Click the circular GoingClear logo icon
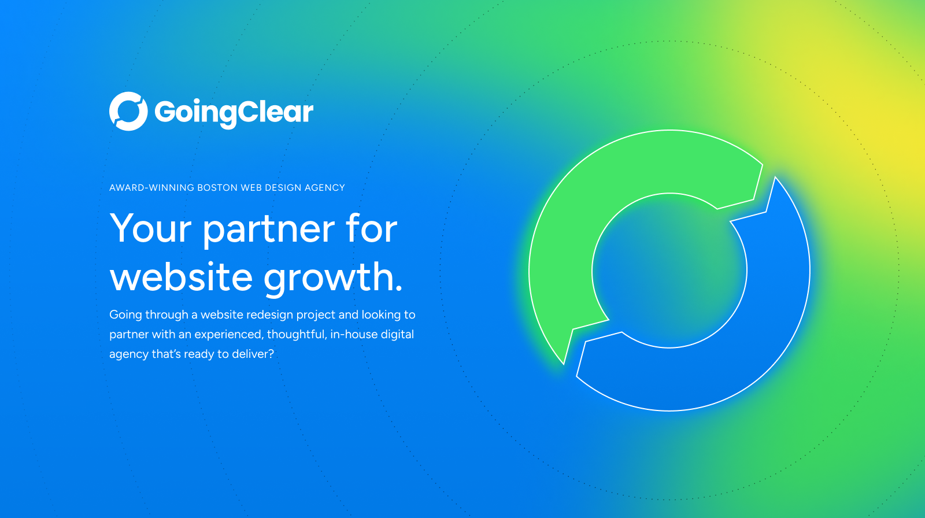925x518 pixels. point(128,111)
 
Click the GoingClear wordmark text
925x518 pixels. point(234,112)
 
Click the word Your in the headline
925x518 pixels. point(150,229)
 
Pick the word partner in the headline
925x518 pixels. point(268,230)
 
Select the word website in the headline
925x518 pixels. point(182,277)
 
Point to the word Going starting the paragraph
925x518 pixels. point(125,315)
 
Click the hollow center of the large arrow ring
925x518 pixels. point(669,271)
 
